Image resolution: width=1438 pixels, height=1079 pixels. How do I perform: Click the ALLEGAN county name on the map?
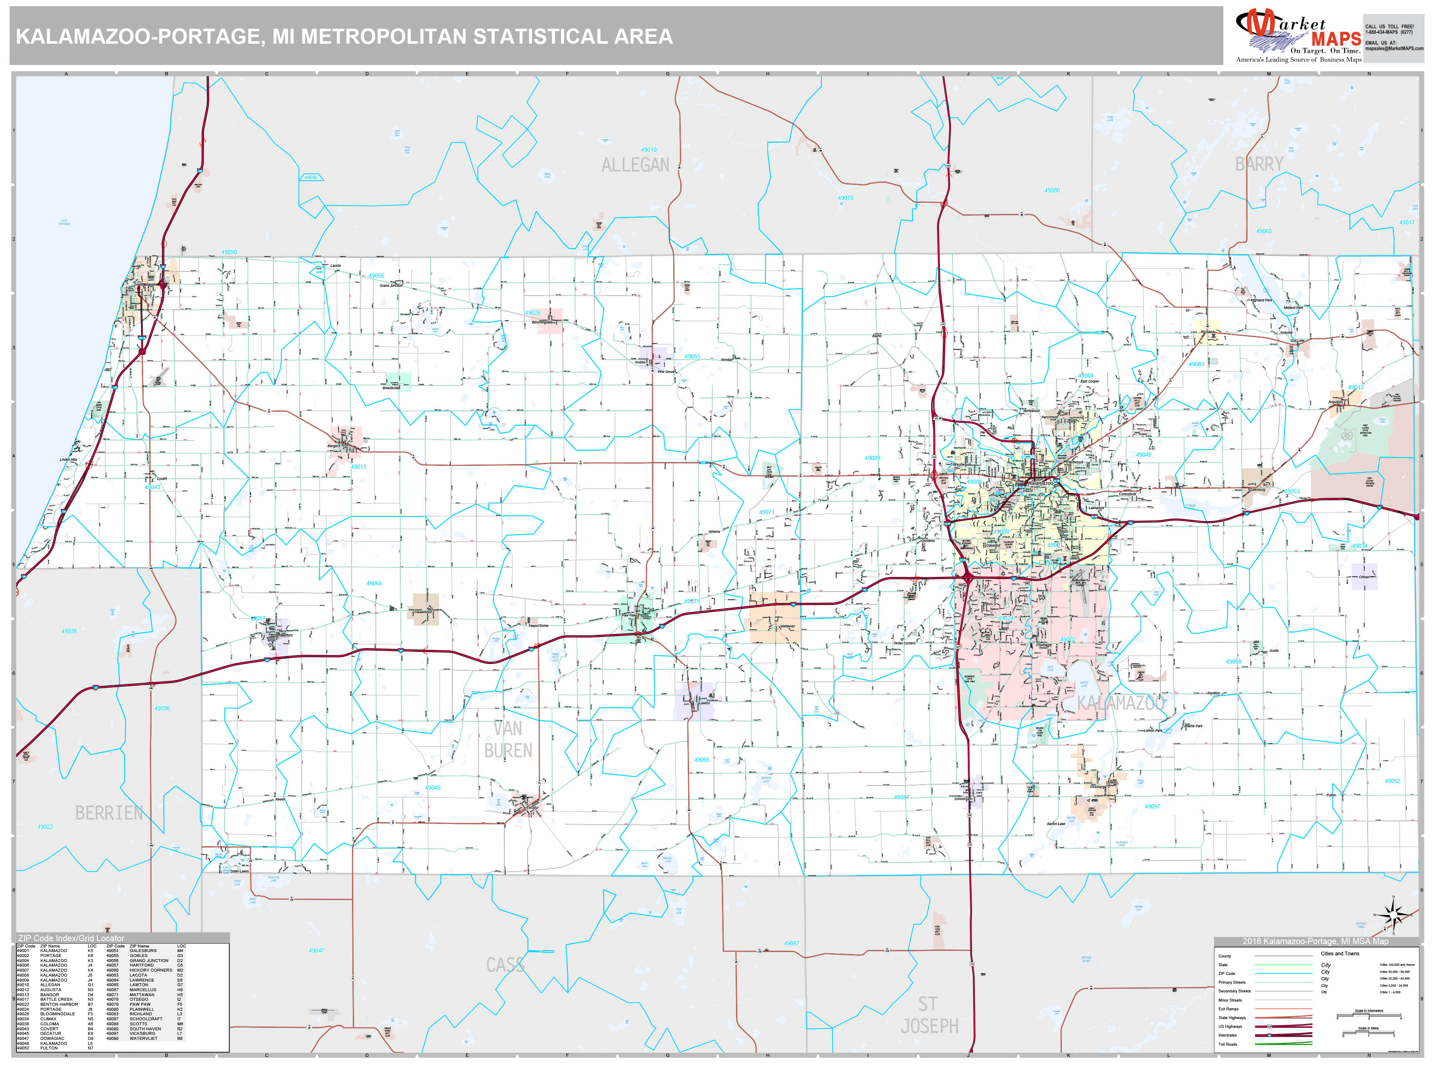(635, 165)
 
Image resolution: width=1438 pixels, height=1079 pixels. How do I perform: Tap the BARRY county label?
(1259, 164)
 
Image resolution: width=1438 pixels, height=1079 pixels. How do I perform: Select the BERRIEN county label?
(109, 813)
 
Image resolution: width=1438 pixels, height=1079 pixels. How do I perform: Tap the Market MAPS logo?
(1298, 36)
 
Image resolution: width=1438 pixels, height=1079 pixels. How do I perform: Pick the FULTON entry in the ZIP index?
(49, 1048)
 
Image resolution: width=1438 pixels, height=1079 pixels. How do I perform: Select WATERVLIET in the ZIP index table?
(143, 1038)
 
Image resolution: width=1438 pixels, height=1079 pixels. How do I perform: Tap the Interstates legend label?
(1227, 1035)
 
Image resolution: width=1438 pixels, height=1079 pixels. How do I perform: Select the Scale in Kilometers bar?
(1369, 1017)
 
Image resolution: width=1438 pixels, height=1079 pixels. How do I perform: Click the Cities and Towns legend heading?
(1339, 953)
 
